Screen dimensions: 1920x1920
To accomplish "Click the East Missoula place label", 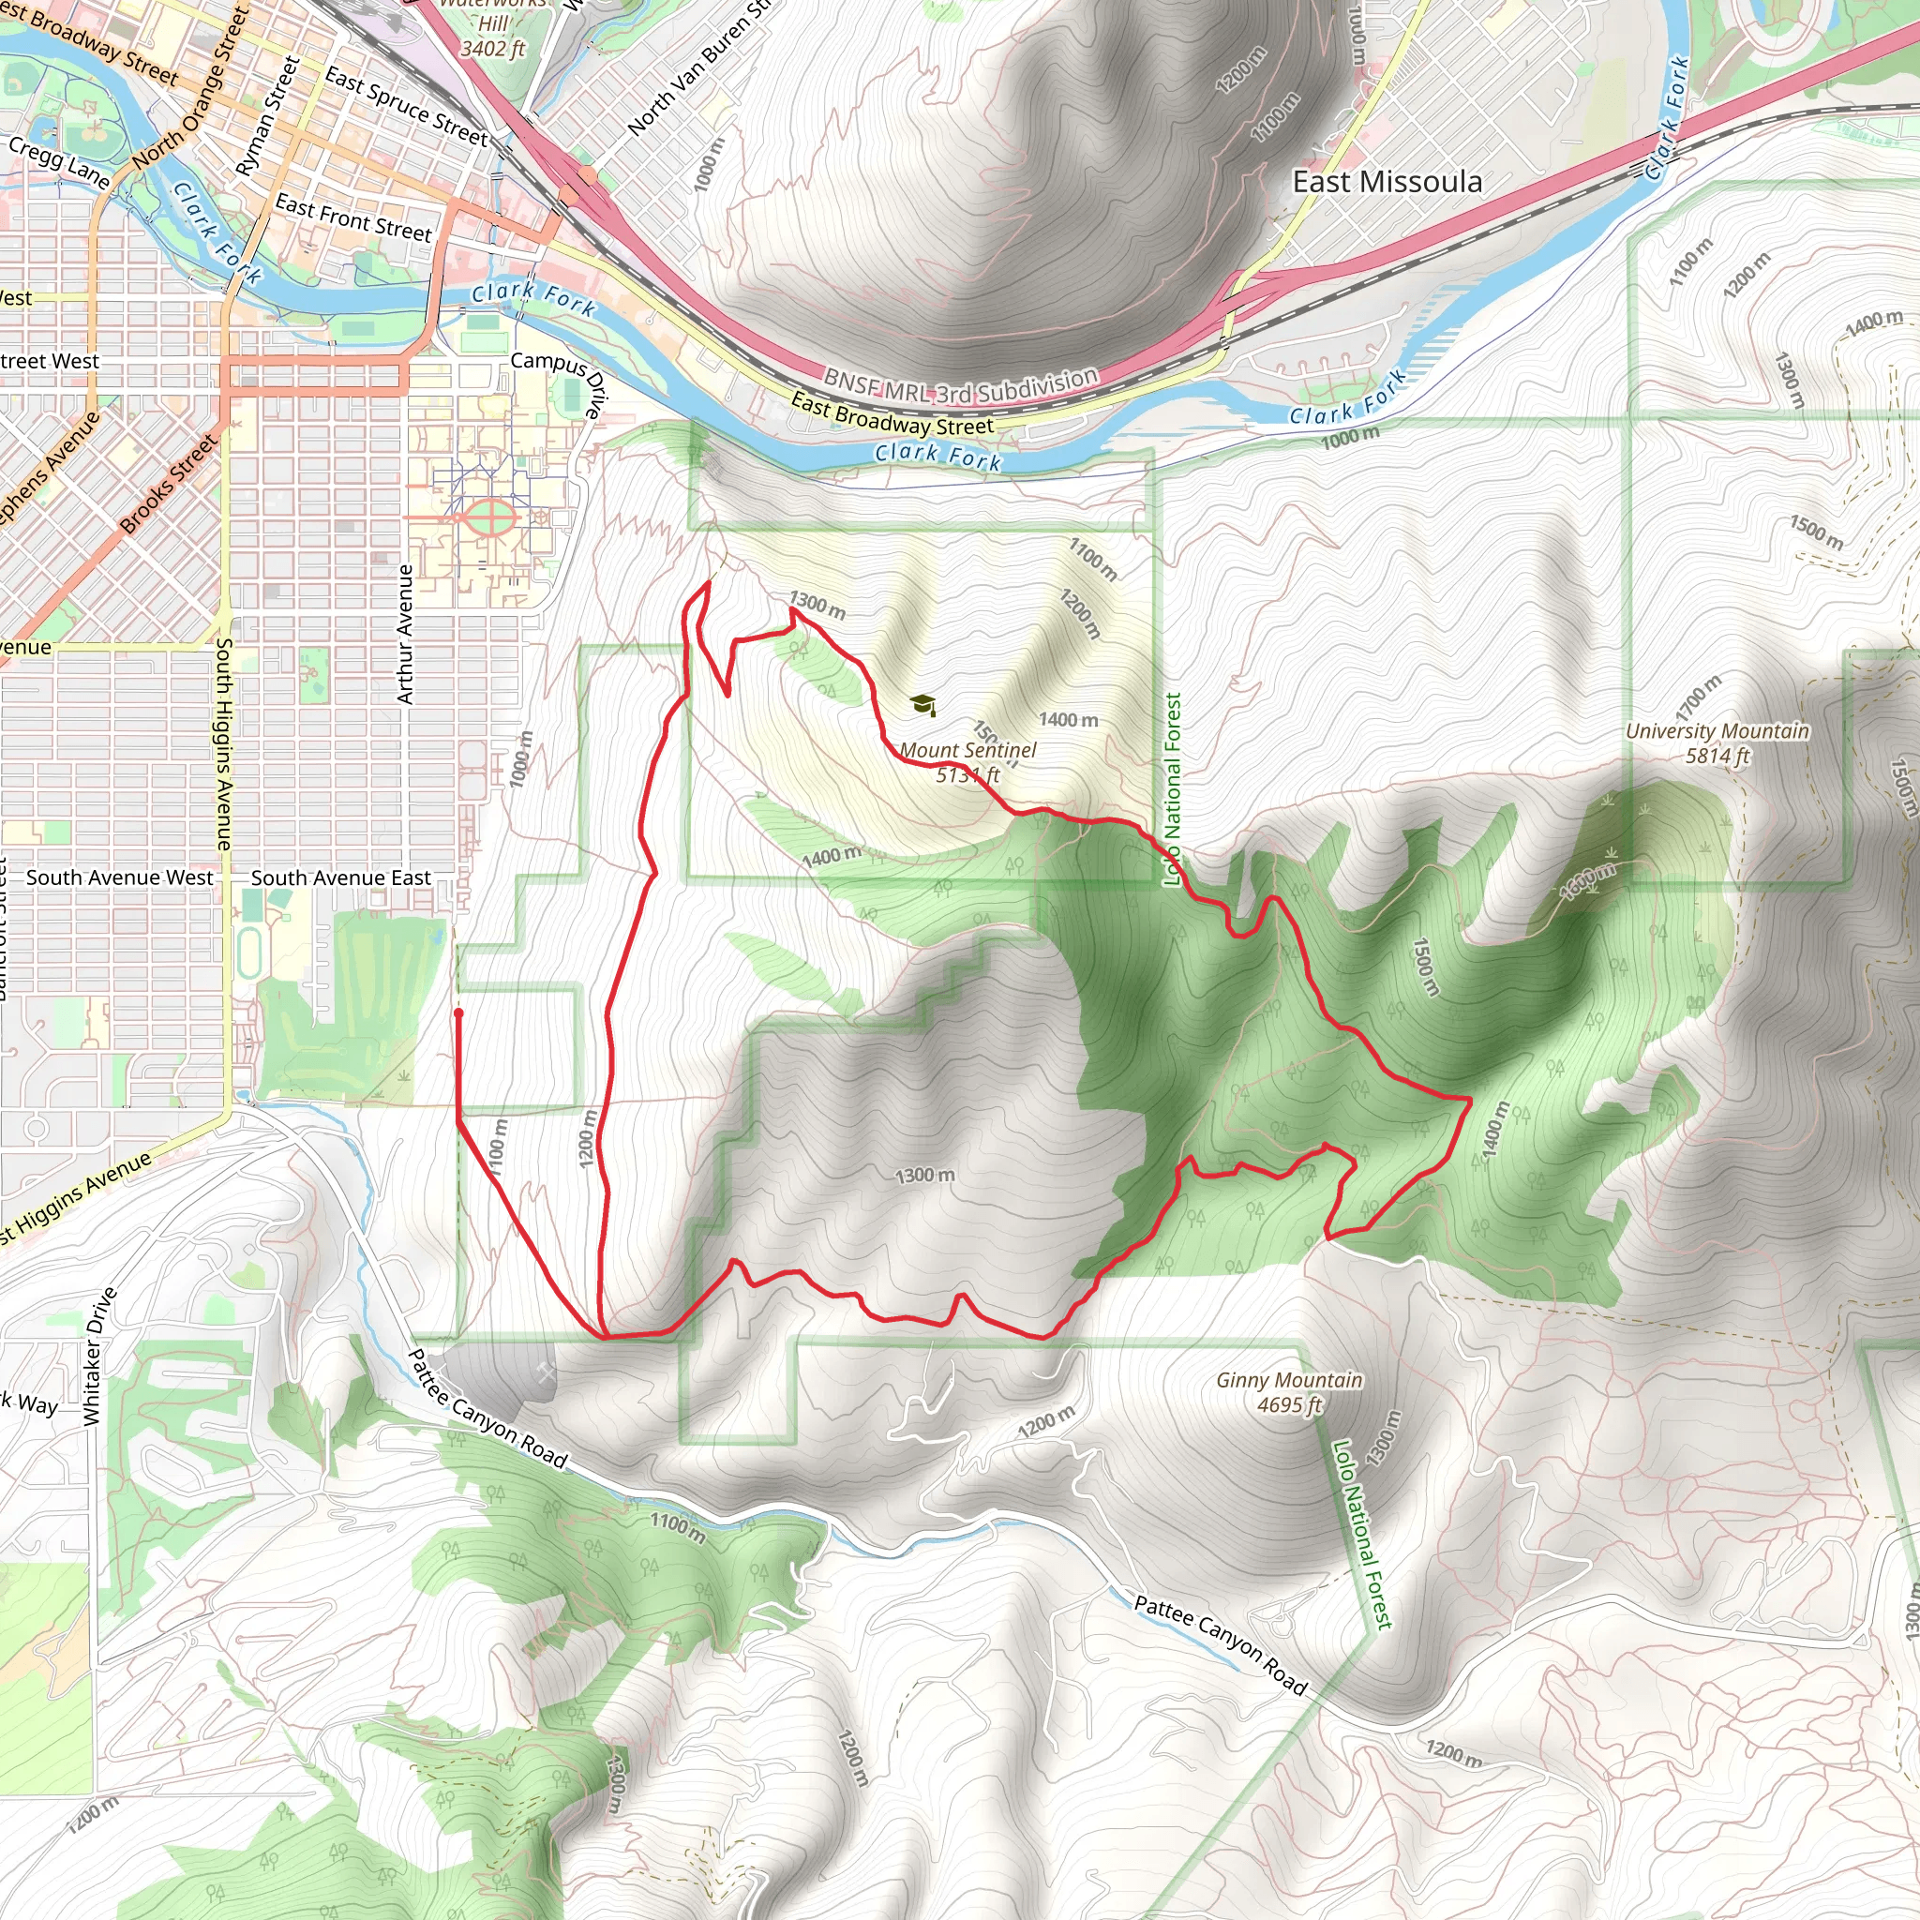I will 1387,182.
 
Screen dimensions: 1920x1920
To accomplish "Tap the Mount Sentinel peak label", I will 967,762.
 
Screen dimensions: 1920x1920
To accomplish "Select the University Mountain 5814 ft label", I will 1717,742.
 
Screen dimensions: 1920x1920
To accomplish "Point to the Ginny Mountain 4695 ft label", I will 1289,1391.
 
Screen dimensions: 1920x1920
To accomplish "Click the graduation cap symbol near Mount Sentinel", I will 922,705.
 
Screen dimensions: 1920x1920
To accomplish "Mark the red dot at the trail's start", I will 458,1013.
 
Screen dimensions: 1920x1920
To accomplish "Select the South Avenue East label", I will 340,877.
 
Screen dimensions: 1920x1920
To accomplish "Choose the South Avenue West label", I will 119,877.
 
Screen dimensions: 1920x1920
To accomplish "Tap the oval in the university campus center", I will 489,517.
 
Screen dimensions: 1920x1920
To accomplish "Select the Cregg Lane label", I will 59,162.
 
